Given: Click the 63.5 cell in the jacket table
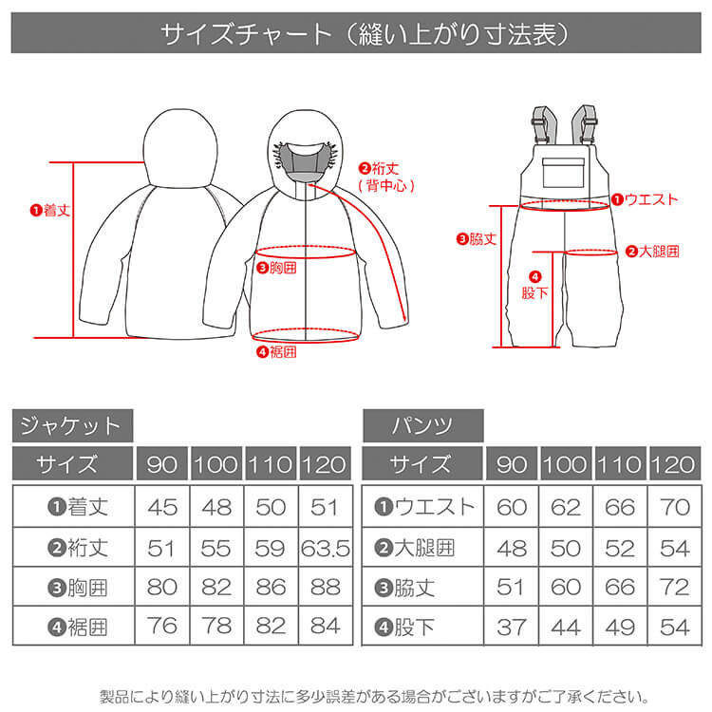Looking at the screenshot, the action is (326, 549).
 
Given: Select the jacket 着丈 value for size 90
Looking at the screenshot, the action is (162, 507).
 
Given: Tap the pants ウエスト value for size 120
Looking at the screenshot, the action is (675, 507).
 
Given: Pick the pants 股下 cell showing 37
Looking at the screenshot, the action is (512, 628).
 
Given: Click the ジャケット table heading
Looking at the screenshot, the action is (73, 425).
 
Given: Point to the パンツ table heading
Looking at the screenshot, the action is (423, 425).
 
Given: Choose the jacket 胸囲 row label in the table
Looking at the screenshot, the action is (78, 588).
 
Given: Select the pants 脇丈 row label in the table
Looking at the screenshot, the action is (404, 588).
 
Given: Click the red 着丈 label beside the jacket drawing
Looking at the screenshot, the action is (50, 210).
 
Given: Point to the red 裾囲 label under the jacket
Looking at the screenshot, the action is (276, 352).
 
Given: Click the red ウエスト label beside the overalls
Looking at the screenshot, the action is (645, 199).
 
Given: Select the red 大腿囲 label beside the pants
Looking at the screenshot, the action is (652, 252).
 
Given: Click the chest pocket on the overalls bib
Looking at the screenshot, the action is (563, 173).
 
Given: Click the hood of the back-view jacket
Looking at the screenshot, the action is (180, 148).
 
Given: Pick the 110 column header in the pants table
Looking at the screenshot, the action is (620, 463).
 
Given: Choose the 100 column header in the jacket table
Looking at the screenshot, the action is (216, 463).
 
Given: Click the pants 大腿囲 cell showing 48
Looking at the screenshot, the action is (512, 549).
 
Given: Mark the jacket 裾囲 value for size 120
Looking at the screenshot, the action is (326, 627).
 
